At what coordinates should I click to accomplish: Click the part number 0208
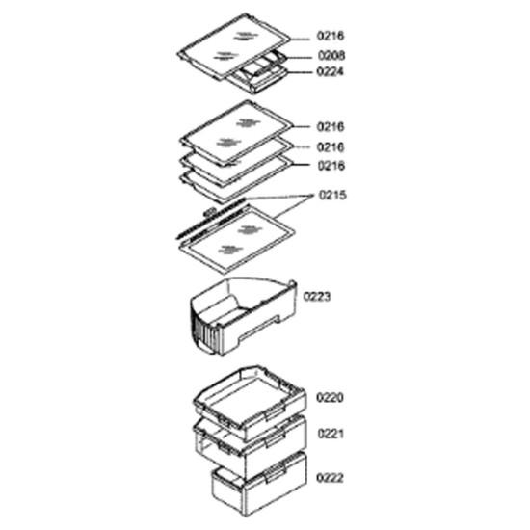(x=331, y=55)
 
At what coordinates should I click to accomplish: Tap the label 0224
(x=330, y=71)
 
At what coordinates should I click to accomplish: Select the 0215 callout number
(x=332, y=195)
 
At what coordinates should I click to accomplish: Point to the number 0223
(x=317, y=297)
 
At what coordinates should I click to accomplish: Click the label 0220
(x=330, y=397)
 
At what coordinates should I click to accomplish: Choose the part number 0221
(x=331, y=434)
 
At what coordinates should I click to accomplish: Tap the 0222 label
(x=330, y=478)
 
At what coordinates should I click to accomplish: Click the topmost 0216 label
(x=331, y=36)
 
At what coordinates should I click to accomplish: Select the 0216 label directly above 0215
(x=331, y=166)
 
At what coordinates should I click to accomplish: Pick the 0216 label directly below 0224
(x=331, y=127)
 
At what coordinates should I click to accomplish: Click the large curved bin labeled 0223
(x=244, y=316)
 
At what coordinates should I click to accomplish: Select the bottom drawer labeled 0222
(x=259, y=484)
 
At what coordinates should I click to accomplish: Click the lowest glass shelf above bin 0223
(x=237, y=239)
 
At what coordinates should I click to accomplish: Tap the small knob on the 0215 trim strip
(x=210, y=212)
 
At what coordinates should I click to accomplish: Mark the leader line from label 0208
(x=298, y=58)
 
